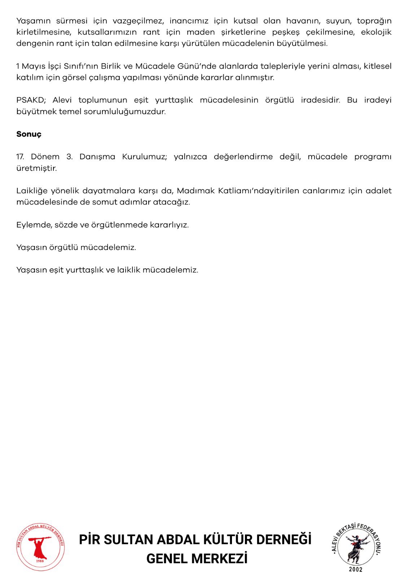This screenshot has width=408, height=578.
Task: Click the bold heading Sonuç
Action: coord(29,134)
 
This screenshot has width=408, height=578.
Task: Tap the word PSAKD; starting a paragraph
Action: coord(30,100)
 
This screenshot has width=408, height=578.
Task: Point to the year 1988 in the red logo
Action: coord(40,561)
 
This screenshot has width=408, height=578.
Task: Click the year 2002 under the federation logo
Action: coord(355,570)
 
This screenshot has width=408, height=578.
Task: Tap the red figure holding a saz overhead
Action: coord(40,546)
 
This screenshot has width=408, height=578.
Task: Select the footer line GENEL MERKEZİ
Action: coord(197,559)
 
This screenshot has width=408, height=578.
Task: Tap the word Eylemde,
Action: coord(34,225)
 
